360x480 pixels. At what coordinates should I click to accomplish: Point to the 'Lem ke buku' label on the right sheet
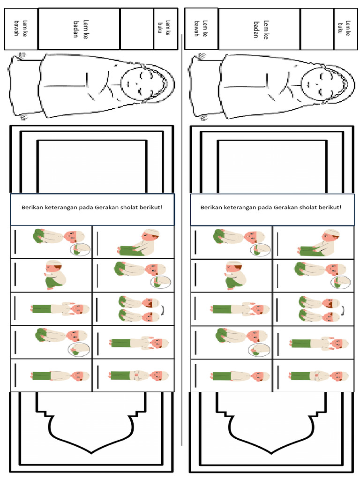click(x=344, y=28)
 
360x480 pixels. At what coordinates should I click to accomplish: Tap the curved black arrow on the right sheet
click(x=343, y=310)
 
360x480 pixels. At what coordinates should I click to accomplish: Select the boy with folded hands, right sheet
click(x=319, y=375)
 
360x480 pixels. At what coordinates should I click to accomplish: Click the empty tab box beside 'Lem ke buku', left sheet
click(x=137, y=29)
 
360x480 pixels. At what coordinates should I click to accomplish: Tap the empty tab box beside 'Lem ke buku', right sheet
click(x=317, y=29)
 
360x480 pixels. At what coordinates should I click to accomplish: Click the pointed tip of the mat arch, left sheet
click(x=91, y=453)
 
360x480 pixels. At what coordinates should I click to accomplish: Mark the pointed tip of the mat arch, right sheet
click(x=271, y=453)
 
